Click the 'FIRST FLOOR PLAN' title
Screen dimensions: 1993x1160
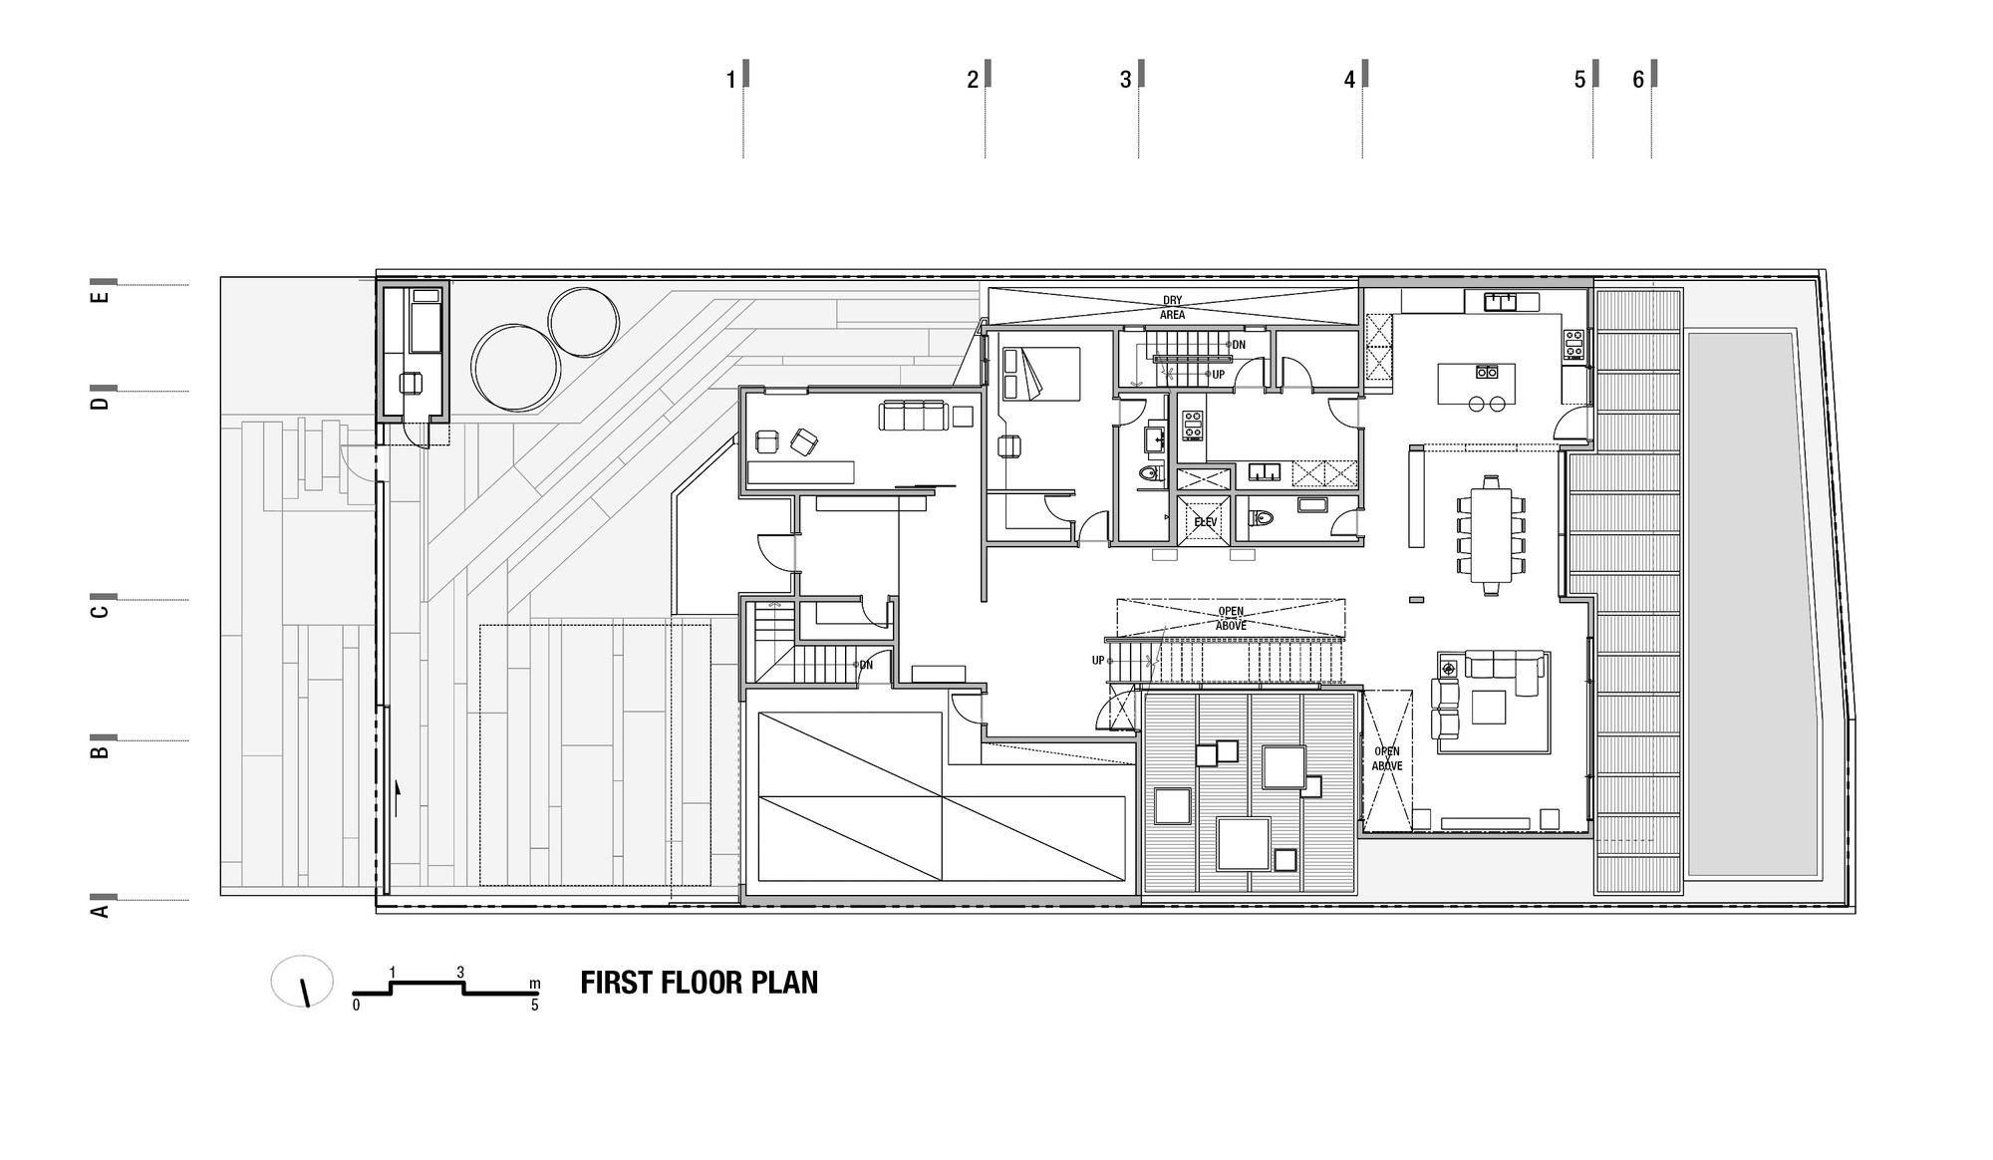pos(699,983)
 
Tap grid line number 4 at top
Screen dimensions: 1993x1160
pos(1350,80)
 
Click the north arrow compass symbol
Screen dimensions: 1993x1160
pos(302,982)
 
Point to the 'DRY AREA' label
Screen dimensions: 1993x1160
pos(1172,307)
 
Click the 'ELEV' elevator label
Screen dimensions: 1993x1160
pos(1205,521)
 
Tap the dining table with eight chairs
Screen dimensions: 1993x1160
pos(1491,535)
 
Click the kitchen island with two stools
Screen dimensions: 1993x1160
pos(1477,387)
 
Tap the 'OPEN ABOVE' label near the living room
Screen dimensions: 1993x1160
pos(1386,758)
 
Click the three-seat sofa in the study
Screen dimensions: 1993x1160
pos(912,416)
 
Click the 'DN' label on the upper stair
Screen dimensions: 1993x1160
pos(1239,345)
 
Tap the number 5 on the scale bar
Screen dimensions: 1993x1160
pos(534,1005)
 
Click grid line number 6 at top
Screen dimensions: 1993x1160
pos(1638,80)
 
